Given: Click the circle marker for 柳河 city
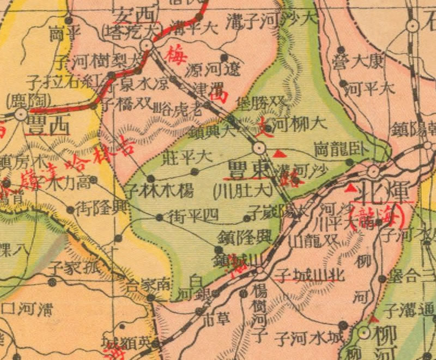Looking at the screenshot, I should click(364, 332).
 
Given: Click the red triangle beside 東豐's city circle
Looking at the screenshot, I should click(277, 154).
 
